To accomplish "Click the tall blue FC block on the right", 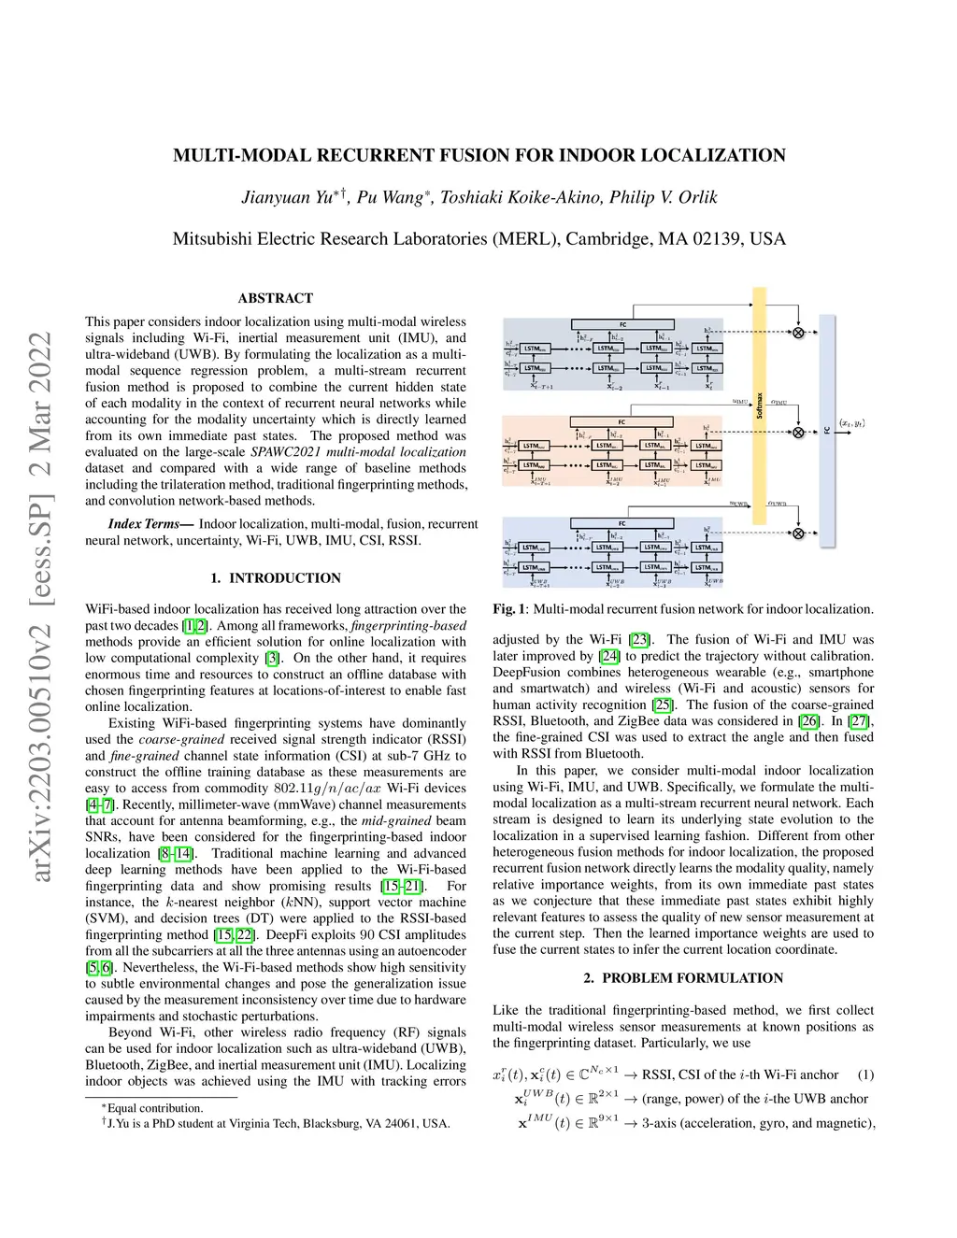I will pyautogui.click(x=827, y=430).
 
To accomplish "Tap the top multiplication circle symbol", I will pyautogui.click(x=798, y=333).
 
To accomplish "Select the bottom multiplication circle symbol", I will pyautogui.click(x=798, y=534).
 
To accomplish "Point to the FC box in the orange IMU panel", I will pyautogui.click(x=621, y=422).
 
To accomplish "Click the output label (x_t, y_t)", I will pyautogui.click(x=851, y=423).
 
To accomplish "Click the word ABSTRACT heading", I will pyautogui.click(x=276, y=298).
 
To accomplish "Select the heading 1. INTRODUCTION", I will pyautogui.click(x=276, y=578).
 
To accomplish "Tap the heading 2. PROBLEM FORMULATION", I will pyautogui.click(x=683, y=978).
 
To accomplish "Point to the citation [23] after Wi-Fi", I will pyautogui.click(x=639, y=640).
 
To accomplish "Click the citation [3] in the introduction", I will pyautogui.click(x=273, y=658).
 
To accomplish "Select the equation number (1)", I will pyautogui.click(x=865, y=1074).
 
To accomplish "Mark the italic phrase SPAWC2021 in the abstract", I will pyautogui.click(x=286, y=452).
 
